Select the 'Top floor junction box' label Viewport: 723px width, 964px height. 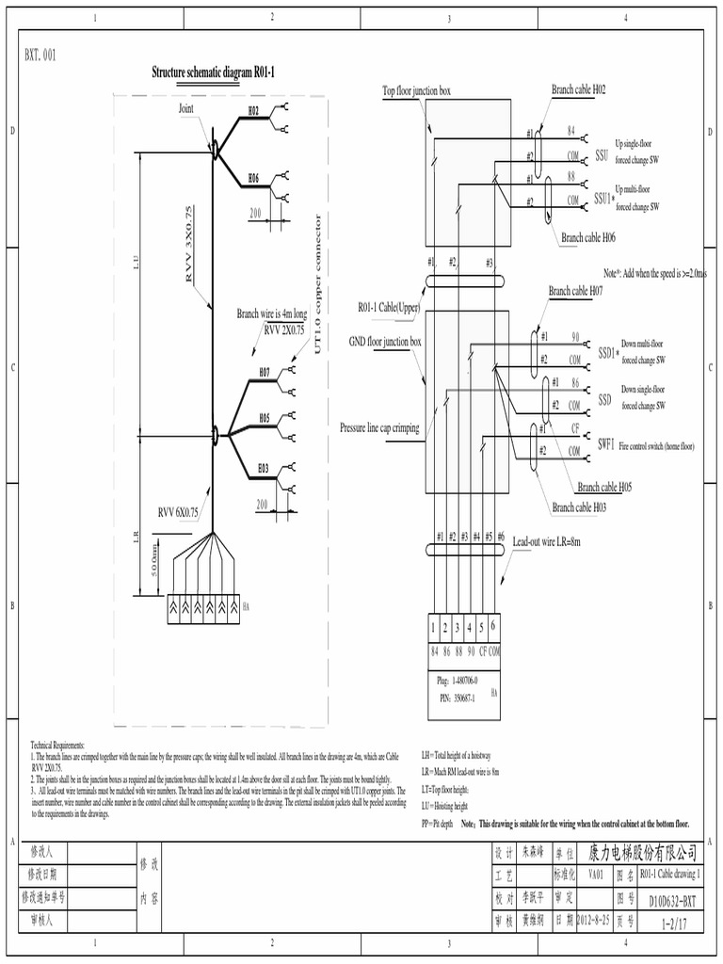pos(416,91)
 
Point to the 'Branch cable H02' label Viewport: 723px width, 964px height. pos(578,89)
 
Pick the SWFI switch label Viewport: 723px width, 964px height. pos(604,444)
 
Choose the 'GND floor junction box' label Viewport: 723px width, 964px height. pos(385,342)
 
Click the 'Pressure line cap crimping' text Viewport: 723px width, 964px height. pos(379,427)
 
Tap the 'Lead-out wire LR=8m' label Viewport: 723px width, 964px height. pos(546,542)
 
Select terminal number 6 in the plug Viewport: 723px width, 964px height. pos(492,626)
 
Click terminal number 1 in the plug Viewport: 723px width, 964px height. pos(433,627)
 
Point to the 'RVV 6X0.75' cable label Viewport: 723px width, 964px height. pos(178,513)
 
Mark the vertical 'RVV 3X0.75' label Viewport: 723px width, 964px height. pos(189,245)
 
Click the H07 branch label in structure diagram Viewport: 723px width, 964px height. pos(265,374)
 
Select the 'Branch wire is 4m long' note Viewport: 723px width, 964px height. pos(271,313)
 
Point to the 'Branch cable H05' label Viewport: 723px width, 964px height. pos(604,487)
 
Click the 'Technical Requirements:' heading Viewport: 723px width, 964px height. pos(57,744)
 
